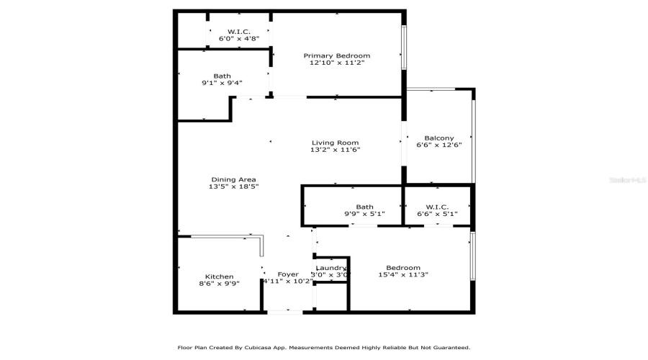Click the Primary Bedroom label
[x=336, y=55]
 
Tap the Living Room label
[x=335, y=143]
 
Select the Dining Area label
[x=233, y=179]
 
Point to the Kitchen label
[x=219, y=276]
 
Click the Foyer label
[x=288, y=274]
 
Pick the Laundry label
[x=331, y=268]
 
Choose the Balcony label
[x=438, y=138]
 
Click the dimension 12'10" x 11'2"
[x=336, y=63]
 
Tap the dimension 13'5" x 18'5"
[x=233, y=187]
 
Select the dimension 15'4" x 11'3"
[x=403, y=275]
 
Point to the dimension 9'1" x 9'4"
[x=222, y=83]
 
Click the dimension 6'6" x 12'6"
[x=438, y=145]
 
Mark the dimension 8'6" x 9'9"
[x=219, y=284]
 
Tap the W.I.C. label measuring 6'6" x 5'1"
[x=437, y=207]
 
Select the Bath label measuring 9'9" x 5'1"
[x=364, y=207]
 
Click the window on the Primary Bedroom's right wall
[x=403, y=48]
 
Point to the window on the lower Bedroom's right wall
[x=472, y=256]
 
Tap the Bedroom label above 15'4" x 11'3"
[x=403, y=268]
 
